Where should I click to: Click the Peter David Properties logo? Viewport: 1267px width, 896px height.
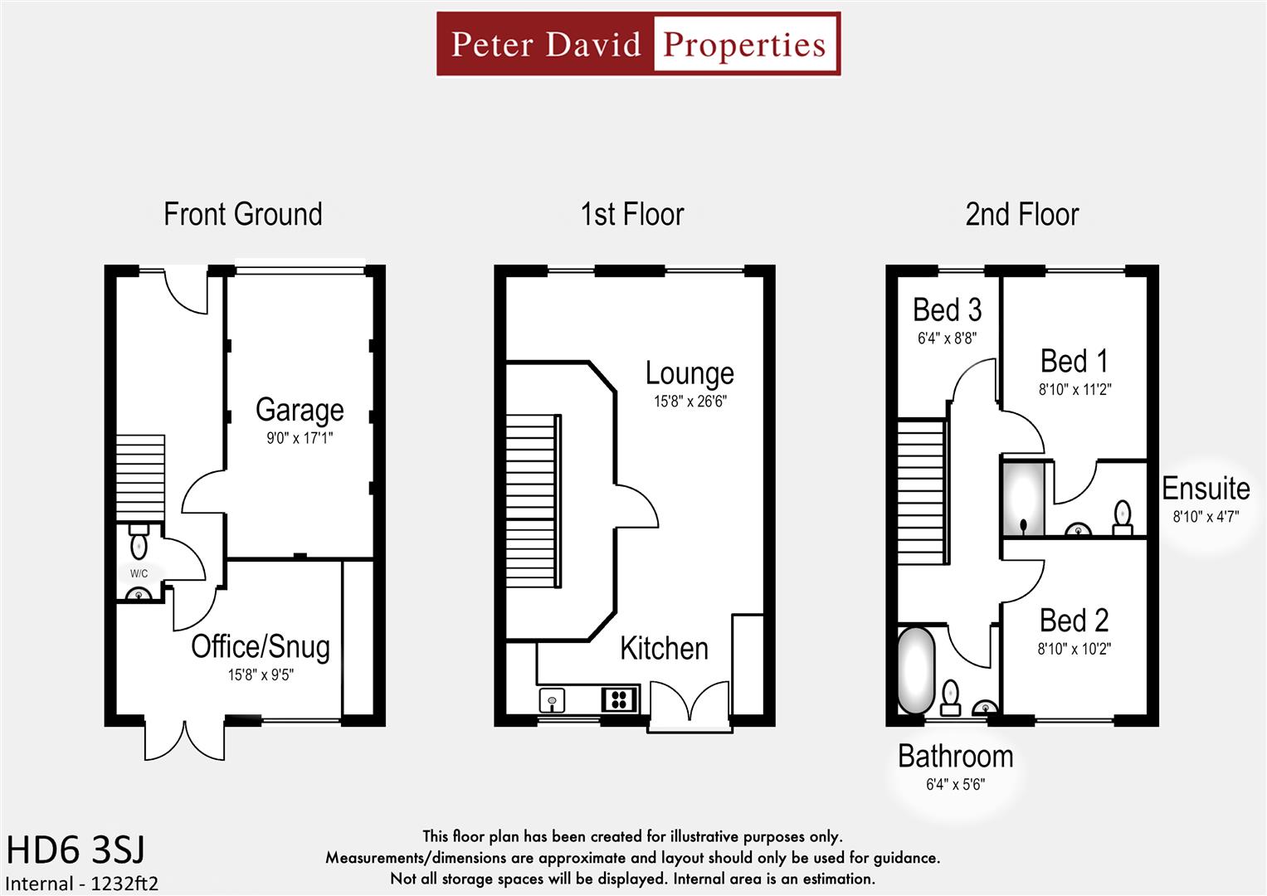point(638,44)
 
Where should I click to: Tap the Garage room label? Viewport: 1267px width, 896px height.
point(300,410)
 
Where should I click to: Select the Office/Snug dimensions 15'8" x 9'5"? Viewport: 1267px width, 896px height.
point(261,675)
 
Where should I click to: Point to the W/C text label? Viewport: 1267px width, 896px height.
point(139,573)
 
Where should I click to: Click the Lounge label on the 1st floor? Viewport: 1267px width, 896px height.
point(690,374)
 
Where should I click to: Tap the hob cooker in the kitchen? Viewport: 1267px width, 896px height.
point(619,699)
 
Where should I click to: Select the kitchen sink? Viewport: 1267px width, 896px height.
point(552,701)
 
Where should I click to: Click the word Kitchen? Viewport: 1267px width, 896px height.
point(664,649)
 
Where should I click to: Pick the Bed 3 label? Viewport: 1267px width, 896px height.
point(947,310)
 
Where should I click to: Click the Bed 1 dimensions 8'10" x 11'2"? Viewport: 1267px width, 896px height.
point(1075,389)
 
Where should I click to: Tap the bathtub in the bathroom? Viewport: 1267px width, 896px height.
point(915,670)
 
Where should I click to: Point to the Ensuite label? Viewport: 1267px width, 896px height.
point(1206,489)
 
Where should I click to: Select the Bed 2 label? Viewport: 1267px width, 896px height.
point(1074,621)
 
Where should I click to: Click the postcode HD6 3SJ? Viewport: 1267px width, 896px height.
point(76,850)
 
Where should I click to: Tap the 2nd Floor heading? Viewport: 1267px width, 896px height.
point(1021,215)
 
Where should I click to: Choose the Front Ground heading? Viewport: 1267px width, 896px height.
point(242,215)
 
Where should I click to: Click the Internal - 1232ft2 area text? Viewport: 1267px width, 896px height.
point(81,884)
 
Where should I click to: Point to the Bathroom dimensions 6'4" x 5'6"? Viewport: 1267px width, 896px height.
point(955,785)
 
